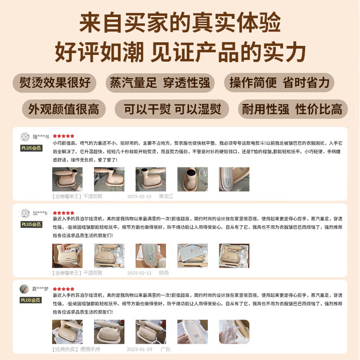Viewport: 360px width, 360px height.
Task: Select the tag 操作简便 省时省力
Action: [279, 83]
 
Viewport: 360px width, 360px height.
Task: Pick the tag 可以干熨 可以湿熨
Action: [171, 109]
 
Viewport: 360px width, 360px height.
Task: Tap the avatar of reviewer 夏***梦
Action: [25, 289]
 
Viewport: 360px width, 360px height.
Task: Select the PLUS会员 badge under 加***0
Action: [31, 224]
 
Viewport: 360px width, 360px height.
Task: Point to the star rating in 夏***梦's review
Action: [63, 289]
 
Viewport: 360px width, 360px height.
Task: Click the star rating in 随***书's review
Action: [63, 135]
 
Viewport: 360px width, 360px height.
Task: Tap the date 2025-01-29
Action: [139, 349]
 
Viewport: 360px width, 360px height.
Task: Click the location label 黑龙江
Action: [166, 196]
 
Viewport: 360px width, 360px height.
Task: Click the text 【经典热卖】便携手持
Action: [77, 349]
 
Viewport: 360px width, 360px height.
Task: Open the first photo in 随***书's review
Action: [67, 179]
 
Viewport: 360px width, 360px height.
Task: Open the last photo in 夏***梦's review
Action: [234, 332]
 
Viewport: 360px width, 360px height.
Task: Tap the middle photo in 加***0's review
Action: [151, 256]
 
